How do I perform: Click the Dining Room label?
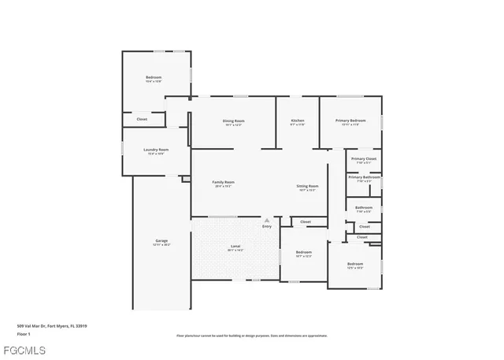pyautogui.click(x=233, y=120)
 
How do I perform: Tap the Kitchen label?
pyautogui.click(x=297, y=120)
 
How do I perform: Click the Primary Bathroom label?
pyautogui.click(x=364, y=177)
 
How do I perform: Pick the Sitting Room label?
pyautogui.click(x=307, y=186)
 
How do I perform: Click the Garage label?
pyautogui.click(x=161, y=241)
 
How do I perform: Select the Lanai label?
pyautogui.click(x=235, y=247)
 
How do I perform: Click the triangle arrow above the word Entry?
pyautogui.click(x=266, y=220)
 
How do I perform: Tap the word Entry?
pyautogui.click(x=266, y=227)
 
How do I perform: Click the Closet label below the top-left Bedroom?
pyautogui.click(x=142, y=119)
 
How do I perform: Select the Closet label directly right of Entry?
pyautogui.click(x=305, y=222)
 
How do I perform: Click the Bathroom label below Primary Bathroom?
pyautogui.click(x=363, y=208)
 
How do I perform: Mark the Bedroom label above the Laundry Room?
pyautogui.click(x=154, y=77)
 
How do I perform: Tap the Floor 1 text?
pyautogui.click(x=24, y=334)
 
